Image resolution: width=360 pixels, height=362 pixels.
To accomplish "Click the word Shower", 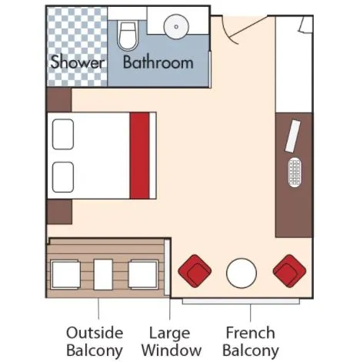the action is click(x=78, y=62).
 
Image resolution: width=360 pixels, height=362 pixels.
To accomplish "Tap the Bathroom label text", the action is click(x=158, y=62).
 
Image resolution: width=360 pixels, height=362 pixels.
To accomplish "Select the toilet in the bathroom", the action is click(x=128, y=35).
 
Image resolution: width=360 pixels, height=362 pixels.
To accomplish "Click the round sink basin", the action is click(x=176, y=26).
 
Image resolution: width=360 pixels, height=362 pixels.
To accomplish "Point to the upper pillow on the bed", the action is click(x=63, y=134).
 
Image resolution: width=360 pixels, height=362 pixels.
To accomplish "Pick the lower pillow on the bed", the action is click(x=63, y=177).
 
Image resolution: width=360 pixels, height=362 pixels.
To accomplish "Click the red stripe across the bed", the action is click(x=140, y=156).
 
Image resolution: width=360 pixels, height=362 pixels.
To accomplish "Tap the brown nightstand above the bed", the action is click(x=59, y=100).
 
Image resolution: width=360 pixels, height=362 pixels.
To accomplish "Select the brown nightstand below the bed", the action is click(x=59, y=212).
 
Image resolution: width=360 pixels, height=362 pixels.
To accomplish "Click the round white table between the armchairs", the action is click(x=242, y=273).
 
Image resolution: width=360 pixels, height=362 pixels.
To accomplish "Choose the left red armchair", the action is click(x=195, y=271).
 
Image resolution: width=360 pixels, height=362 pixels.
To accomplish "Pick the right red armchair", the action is click(x=289, y=271).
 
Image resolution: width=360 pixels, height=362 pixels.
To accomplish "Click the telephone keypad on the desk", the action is click(x=295, y=173).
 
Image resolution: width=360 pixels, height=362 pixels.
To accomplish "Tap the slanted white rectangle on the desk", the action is click(x=293, y=136).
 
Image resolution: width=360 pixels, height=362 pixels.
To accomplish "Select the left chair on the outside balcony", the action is click(x=65, y=275).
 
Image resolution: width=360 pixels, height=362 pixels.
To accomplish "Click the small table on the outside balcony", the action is click(x=103, y=274).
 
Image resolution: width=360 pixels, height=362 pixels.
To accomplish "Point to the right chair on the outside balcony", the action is click(x=143, y=275).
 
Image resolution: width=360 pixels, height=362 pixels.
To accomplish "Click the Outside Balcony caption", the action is click(x=95, y=341).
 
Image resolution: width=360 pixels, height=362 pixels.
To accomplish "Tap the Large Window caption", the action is click(x=172, y=341).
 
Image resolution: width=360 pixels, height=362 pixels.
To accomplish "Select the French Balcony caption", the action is click(x=251, y=341).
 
